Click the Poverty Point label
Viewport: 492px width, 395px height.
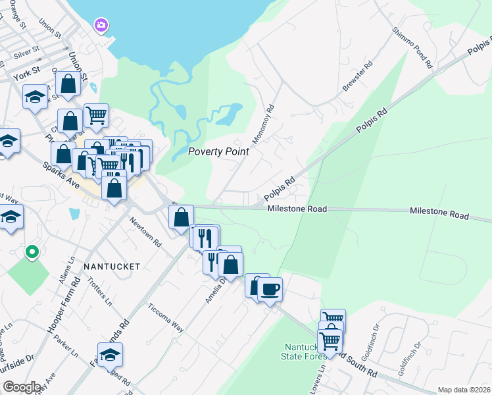pyautogui.click(x=218, y=151)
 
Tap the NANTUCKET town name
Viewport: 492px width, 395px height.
pyautogui.click(x=112, y=267)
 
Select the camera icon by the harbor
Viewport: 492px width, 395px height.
pyautogui.click(x=101, y=25)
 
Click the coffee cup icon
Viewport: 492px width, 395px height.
pyautogui.click(x=270, y=288)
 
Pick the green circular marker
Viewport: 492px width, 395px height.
pyautogui.click(x=31, y=251)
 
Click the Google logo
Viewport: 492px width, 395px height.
pyautogui.click(x=21, y=387)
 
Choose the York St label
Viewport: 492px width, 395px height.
pyautogui.click(x=26, y=76)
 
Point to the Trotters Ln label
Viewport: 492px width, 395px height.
pyautogui.click(x=100, y=290)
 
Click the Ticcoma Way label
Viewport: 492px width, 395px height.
pyautogui.click(x=166, y=317)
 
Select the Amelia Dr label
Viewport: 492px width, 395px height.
pyautogui.click(x=214, y=290)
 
